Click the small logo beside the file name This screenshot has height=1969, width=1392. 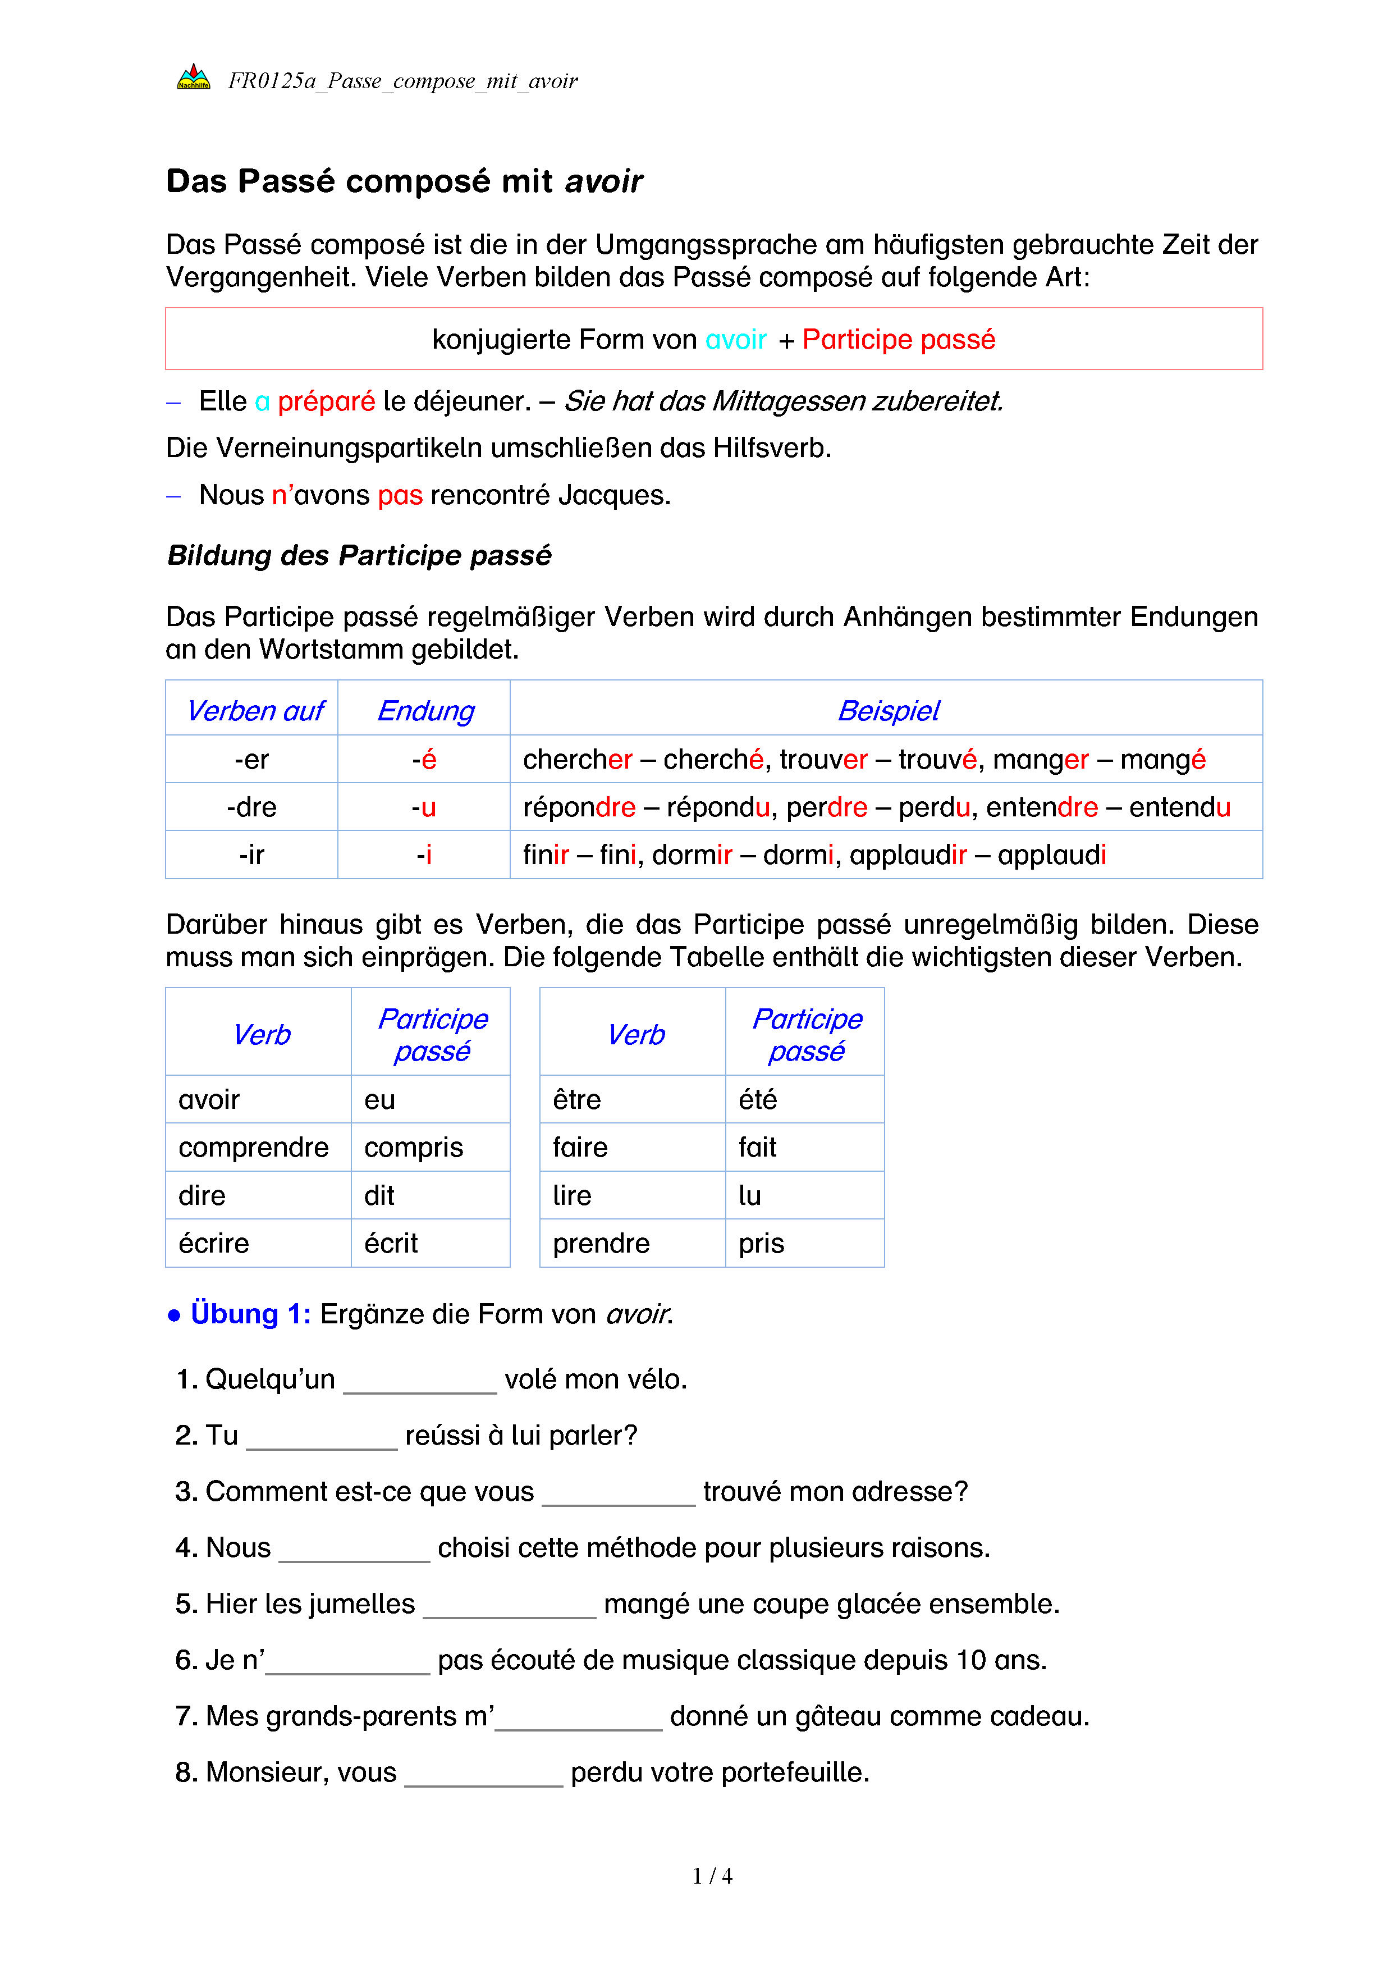(x=194, y=78)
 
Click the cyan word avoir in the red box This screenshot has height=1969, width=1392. (x=735, y=340)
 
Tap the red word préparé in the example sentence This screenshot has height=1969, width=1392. (x=326, y=401)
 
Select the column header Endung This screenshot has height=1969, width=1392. (x=425, y=711)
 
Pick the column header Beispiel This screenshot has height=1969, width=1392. (x=888, y=711)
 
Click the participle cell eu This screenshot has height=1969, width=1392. (x=380, y=1099)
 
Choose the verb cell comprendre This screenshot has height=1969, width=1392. (x=254, y=1148)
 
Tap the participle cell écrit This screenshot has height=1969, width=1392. (x=391, y=1244)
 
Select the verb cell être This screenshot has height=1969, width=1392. (x=577, y=1099)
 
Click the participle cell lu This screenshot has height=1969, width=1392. (x=750, y=1195)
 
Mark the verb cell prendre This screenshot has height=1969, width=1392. (x=601, y=1244)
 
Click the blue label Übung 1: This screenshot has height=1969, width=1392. (x=250, y=1314)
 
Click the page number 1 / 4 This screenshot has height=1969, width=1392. (x=712, y=1876)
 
